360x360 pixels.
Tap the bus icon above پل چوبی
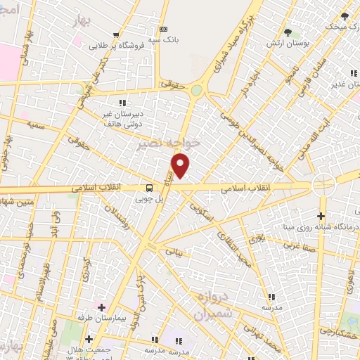(149, 188)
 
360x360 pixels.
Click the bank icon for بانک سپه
(164, 29)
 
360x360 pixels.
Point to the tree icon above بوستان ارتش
(288, 32)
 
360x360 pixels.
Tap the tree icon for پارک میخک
(345, 16)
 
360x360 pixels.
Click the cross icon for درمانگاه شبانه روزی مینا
(321, 216)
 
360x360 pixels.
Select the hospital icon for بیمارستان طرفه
(102, 307)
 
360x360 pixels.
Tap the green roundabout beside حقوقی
(196, 90)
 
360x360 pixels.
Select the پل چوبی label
(149, 200)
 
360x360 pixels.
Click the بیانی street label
(174, 250)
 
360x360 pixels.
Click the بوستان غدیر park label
(343, 82)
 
